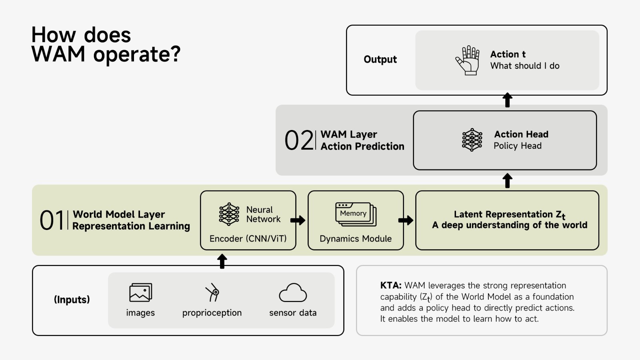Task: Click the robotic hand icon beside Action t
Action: (468, 60)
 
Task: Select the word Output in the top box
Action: (380, 60)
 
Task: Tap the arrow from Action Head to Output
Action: (507, 100)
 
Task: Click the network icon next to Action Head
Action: (472, 140)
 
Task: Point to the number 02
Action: (298, 140)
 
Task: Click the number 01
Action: (52, 220)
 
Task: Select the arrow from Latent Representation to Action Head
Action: (507, 180)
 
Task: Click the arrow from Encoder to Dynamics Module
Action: (298, 220)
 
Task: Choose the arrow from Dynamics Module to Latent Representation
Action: (406, 220)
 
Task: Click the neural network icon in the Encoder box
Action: (229, 214)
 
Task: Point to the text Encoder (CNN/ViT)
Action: (248, 239)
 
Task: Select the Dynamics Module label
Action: (356, 239)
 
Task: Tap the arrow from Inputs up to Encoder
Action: (222, 261)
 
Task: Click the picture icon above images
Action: (140, 293)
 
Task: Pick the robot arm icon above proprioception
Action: (212, 292)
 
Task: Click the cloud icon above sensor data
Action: (293, 293)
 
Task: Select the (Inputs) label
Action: (72, 300)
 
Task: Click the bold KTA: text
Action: (390, 286)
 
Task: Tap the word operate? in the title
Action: (137, 54)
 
